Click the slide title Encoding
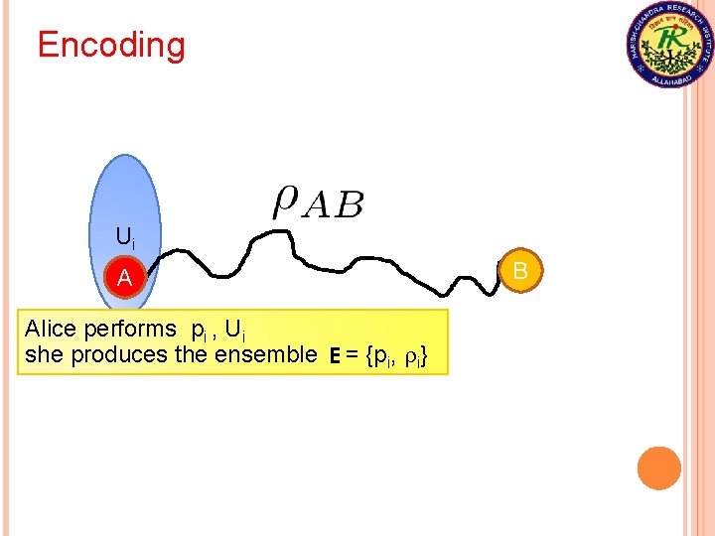click(x=111, y=46)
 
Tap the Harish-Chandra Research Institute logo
click(x=669, y=45)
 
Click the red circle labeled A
click(x=125, y=280)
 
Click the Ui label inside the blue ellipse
click(x=125, y=237)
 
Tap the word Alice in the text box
click(x=49, y=329)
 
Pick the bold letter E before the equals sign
click(x=336, y=355)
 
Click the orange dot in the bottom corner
click(x=658, y=469)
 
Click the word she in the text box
click(x=41, y=354)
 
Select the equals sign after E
click(x=353, y=355)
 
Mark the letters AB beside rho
click(x=333, y=206)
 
